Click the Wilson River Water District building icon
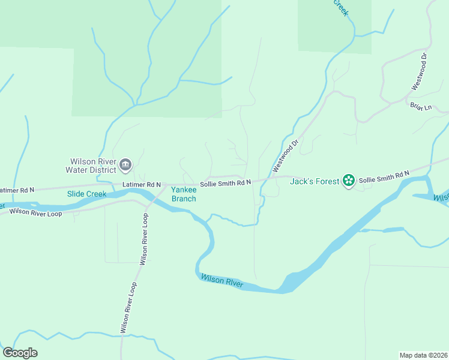(125, 164)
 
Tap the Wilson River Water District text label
(93, 166)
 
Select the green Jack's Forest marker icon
(348, 180)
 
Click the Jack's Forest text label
(313, 181)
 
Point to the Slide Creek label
(86, 194)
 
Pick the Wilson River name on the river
(222, 280)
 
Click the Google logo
(20, 353)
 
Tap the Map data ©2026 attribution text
(423, 355)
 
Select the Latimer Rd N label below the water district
(142, 185)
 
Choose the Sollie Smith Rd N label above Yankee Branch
(225, 182)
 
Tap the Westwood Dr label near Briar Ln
(419, 71)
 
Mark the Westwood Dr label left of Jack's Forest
(286, 157)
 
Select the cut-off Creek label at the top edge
(340, 7)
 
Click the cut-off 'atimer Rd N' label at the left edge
(17, 190)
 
